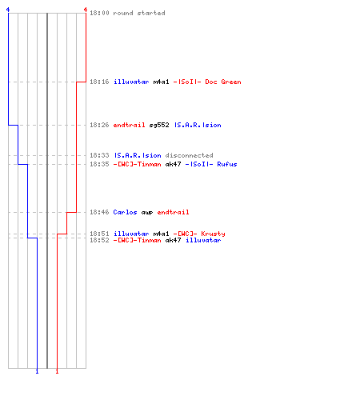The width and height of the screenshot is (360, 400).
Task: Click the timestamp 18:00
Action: pos(99,13)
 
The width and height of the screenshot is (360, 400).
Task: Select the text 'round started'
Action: pos(139,13)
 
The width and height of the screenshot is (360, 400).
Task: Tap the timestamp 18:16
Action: pos(99,82)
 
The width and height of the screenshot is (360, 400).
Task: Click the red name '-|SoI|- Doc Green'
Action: pos(207,82)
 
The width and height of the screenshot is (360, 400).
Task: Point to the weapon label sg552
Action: pos(159,125)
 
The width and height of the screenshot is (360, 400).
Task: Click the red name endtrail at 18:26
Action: pos(130,125)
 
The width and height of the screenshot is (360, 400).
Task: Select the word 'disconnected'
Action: pos(189,155)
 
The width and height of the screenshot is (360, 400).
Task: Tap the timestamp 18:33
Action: pos(99,155)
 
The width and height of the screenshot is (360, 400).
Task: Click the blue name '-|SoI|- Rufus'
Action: pos(211,164)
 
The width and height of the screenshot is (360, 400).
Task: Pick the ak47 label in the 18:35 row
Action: pos(173,164)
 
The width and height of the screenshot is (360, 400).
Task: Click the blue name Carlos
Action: pos(125,212)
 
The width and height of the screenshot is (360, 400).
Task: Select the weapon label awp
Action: pos(147,213)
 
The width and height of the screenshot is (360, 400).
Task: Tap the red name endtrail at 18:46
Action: pos(173,212)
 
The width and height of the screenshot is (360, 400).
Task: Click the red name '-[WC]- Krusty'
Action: pos(199,234)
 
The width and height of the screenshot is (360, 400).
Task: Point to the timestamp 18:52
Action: pos(99,240)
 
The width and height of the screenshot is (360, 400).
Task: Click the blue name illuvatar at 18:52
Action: pos(203,240)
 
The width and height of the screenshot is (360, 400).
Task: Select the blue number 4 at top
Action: pos(8,10)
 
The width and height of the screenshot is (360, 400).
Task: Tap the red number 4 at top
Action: pos(86,10)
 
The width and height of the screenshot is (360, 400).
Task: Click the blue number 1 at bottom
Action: pos(37,371)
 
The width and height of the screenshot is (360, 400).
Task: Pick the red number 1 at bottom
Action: pos(57,371)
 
